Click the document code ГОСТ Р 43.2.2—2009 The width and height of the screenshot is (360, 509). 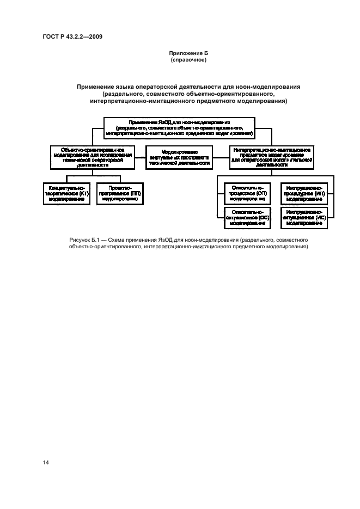73,36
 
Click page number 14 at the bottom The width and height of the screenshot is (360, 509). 46,462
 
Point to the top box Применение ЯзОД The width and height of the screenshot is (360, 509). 179,127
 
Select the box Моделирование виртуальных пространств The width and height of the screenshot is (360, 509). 179,157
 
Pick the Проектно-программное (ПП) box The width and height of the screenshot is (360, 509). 120,193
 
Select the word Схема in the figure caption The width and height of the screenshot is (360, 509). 115,240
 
